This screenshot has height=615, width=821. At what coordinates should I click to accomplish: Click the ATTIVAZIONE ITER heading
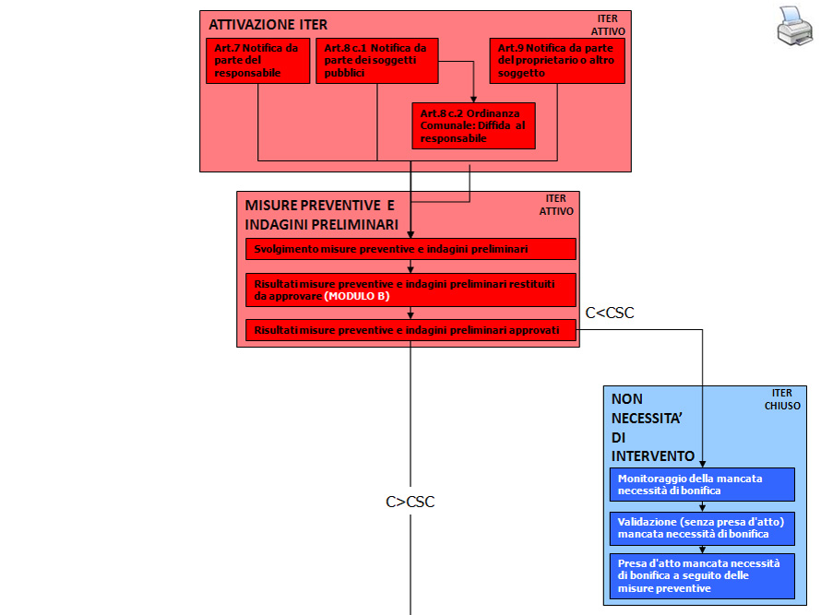tap(268, 25)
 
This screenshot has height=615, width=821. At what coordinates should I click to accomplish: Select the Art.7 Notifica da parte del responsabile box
tap(258, 61)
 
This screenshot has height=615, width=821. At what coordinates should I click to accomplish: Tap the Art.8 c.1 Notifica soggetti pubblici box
tap(376, 61)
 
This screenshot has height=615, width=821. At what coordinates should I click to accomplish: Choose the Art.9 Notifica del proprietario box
tap(557, 61)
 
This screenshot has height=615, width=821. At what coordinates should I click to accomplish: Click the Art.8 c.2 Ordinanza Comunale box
tap(473, 125)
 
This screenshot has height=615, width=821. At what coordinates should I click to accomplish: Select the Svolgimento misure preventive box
tap(410, 249)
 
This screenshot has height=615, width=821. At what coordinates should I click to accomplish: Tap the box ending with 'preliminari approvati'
tap(410, 330)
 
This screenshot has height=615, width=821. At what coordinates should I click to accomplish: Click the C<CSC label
tap(610, 313)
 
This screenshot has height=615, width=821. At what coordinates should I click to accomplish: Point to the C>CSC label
tap(410, 503)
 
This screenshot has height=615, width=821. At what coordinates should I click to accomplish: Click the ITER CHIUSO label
tap(782, 399)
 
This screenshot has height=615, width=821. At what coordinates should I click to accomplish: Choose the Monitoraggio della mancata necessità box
tap(701, 484)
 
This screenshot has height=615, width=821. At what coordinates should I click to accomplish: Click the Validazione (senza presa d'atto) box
tap(701, 527)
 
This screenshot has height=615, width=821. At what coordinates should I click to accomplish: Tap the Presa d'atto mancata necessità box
tap(701, 575)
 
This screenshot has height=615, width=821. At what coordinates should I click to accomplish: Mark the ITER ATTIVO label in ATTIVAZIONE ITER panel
tap(608, 25)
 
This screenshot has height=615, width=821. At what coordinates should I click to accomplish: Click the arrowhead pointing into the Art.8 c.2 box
tap(473, 98)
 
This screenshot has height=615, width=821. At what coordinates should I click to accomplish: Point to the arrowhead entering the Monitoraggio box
tap(703, 463)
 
